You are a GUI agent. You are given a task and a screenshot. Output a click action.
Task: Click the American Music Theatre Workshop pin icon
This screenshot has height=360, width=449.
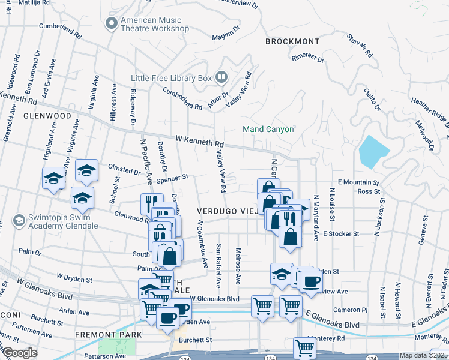[110, 23]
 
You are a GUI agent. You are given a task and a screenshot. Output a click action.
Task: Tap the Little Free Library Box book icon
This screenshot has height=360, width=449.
[221, 77]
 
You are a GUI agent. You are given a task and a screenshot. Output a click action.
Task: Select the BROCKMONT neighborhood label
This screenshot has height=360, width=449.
[294, 41]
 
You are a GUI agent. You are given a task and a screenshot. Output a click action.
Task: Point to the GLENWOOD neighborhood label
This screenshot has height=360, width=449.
[47, 115]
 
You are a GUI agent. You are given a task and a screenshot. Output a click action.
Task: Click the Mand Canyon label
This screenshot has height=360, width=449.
[268, 129]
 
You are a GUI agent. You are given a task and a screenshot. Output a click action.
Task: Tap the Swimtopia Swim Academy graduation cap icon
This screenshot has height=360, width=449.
[19, 221]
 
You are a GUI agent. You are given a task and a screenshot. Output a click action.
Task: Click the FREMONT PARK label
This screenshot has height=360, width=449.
[108, 334]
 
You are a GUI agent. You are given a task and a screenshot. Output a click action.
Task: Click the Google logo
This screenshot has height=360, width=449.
[20, 353]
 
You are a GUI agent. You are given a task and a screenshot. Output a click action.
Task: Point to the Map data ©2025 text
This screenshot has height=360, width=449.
[423, 355]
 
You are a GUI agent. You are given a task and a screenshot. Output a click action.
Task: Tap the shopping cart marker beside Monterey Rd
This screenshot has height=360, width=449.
[304, 347]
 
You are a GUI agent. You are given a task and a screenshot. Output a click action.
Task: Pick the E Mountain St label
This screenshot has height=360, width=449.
[358, 182]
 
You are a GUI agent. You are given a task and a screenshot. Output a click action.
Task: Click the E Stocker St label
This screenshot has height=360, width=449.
[340, 233]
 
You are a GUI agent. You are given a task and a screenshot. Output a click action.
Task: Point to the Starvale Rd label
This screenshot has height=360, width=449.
[360, 46]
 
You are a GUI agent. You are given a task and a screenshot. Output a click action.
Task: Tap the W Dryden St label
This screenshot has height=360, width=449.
[74, 278]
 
